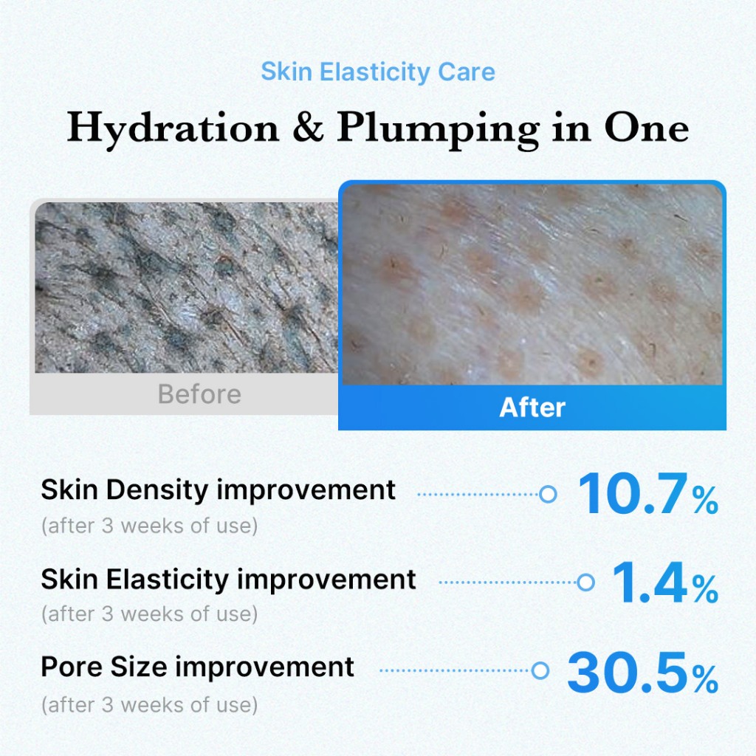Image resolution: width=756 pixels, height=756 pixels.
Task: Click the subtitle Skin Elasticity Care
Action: pos(378,72)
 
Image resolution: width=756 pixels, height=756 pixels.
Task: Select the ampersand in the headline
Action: pos(308,127)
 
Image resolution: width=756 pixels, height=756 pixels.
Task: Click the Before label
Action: pos(199,394)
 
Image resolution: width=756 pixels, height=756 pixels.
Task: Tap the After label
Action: pos(532,408)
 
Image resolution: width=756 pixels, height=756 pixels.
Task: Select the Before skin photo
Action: pos(187,287)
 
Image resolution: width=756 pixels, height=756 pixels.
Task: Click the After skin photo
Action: pos(532,284)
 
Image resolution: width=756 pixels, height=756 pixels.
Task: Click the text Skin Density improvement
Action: pos(218,490)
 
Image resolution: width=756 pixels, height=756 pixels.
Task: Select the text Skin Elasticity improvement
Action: pos(228,580)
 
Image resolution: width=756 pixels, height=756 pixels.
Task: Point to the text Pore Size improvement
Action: pos(198,667)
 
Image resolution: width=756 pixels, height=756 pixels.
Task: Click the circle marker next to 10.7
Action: pos(548,494)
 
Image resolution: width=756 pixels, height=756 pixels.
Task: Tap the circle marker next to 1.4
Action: pos(585,583)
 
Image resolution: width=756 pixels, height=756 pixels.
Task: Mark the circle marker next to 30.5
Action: pos(540,670)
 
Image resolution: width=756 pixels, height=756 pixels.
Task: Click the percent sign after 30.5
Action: pos(705,679)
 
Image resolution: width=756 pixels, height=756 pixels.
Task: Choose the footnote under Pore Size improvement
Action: pos(149,705)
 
